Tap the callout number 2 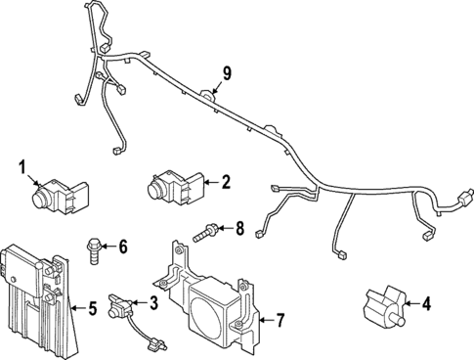226,181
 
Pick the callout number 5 93,309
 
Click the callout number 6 123,246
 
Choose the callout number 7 280,319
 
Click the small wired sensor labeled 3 124,305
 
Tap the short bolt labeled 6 96,246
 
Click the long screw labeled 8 206,231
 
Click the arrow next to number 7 264,319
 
